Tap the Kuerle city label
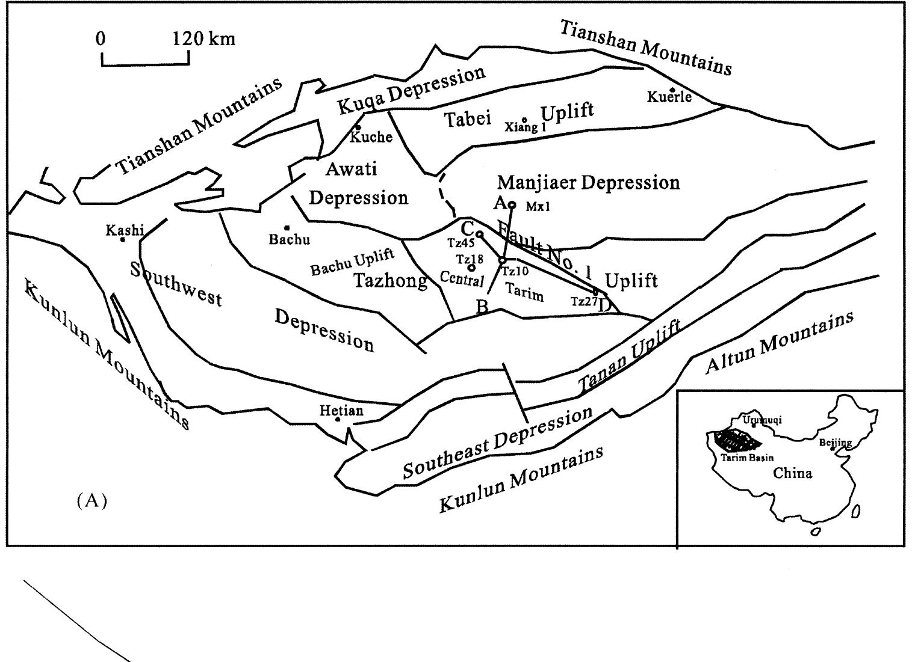[669, 97]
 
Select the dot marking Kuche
[358, 127]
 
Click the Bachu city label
[289, 239]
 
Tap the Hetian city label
[341, 411]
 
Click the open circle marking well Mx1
[512, 204]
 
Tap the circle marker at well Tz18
[471, 268]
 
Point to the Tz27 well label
[583, 302]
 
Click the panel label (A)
[92, 501]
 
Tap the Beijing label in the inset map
[835, 443]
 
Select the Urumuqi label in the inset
[762, 420]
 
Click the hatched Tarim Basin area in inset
[736, 441]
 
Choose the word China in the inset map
[792, 473]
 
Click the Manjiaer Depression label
[588, 182]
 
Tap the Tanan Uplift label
[630, 358]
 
